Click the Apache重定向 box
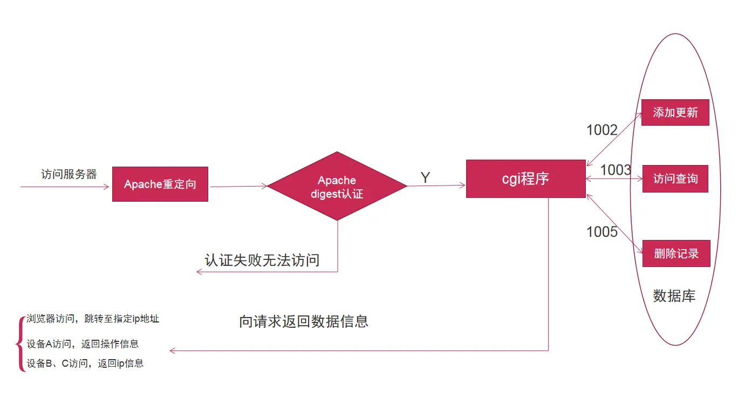click(x=160, y=184)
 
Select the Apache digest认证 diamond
click(x=337, y=186)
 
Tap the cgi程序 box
click(x=525, y=178)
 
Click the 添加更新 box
click(x=675, y=112)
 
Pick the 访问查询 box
click(x=675, y=179)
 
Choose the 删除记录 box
click(x=676, y=253)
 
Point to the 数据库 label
click(x=674, y=296)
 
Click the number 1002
click(x=601, y=130)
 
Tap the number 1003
click(x=616, y=170)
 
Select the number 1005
click(x=601, y=232)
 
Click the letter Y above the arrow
click(x=425, y=177)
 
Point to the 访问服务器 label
click(x=69, y=174)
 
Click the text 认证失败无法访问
click(x=262, y=260)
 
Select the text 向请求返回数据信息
click(x=303, y=321)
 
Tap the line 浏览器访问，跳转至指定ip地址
click(x=93, y=319)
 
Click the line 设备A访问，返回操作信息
click(x=83, y=344)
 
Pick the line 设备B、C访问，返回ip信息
click(x=85, y=363)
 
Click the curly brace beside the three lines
click(x=22, y=344)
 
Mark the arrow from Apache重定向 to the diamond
click(x=238, y=187)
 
